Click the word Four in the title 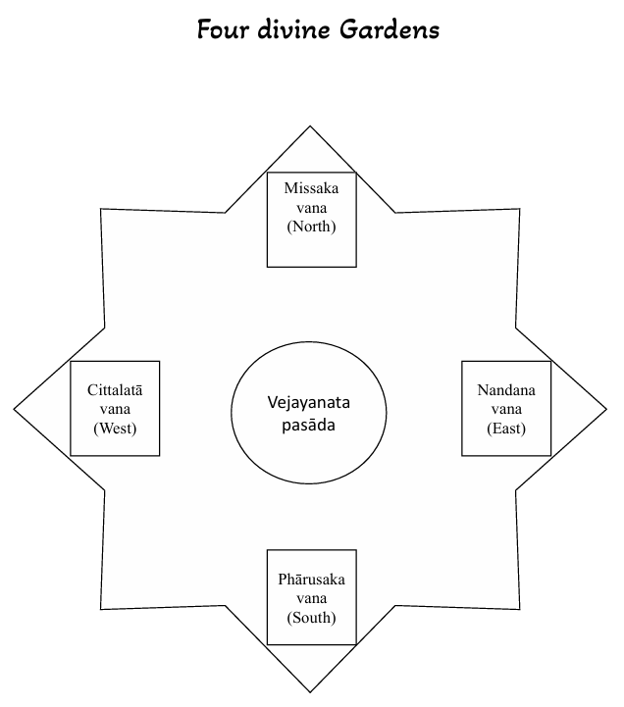[x=223, y=30]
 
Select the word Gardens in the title [x=389, y=29]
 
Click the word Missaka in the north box [x=311, y=188]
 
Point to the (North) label [x=311, y=227]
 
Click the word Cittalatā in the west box [x=115, y=389]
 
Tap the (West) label [x=115, y=428]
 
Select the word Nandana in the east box [x=506, y=390]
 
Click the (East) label [x=506, y=428]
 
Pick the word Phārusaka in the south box [x=311, y=579]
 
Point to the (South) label [x=311, y=617]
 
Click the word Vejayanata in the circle [x=309, y=403]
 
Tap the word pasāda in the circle [x=309, y=425]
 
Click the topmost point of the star [x=310, y=126]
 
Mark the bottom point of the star [x=310, y=692]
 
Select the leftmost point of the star [x=14, y=410]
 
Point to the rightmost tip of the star [x=606, y=410]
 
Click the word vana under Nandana [x=506, y=410]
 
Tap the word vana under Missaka [x=311, y=208]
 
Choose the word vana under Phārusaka [x=311, y=599]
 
